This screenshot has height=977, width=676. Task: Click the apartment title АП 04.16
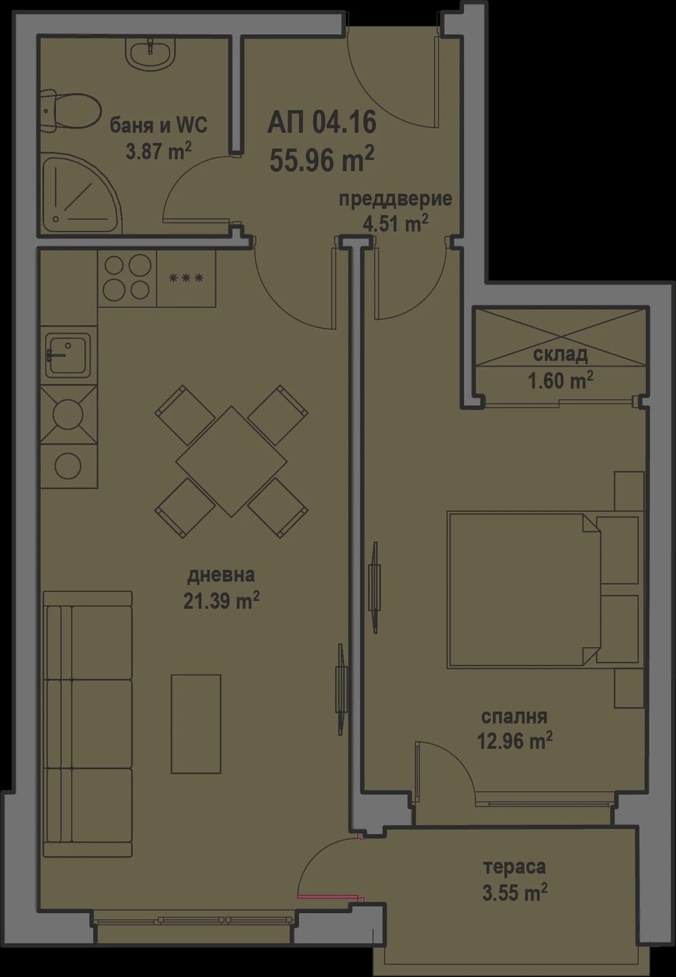click(322, 123)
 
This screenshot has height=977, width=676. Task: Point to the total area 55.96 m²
click(322, 160)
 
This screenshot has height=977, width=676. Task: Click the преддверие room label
click(395, 199)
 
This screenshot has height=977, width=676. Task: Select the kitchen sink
click(68, 355)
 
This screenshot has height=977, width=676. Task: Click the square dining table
click(231, 461)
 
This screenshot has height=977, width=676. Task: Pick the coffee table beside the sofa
click(196, 723)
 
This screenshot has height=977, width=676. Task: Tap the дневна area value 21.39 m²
click(221, 601)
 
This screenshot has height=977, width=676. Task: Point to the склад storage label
click(560, 354)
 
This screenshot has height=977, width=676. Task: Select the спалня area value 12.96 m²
click(514, 740)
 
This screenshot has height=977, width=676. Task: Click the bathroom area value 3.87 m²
click(158, 151)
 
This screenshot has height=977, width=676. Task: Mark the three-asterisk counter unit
click(186, 278)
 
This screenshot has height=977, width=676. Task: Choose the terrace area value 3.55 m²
click(514, 893)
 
